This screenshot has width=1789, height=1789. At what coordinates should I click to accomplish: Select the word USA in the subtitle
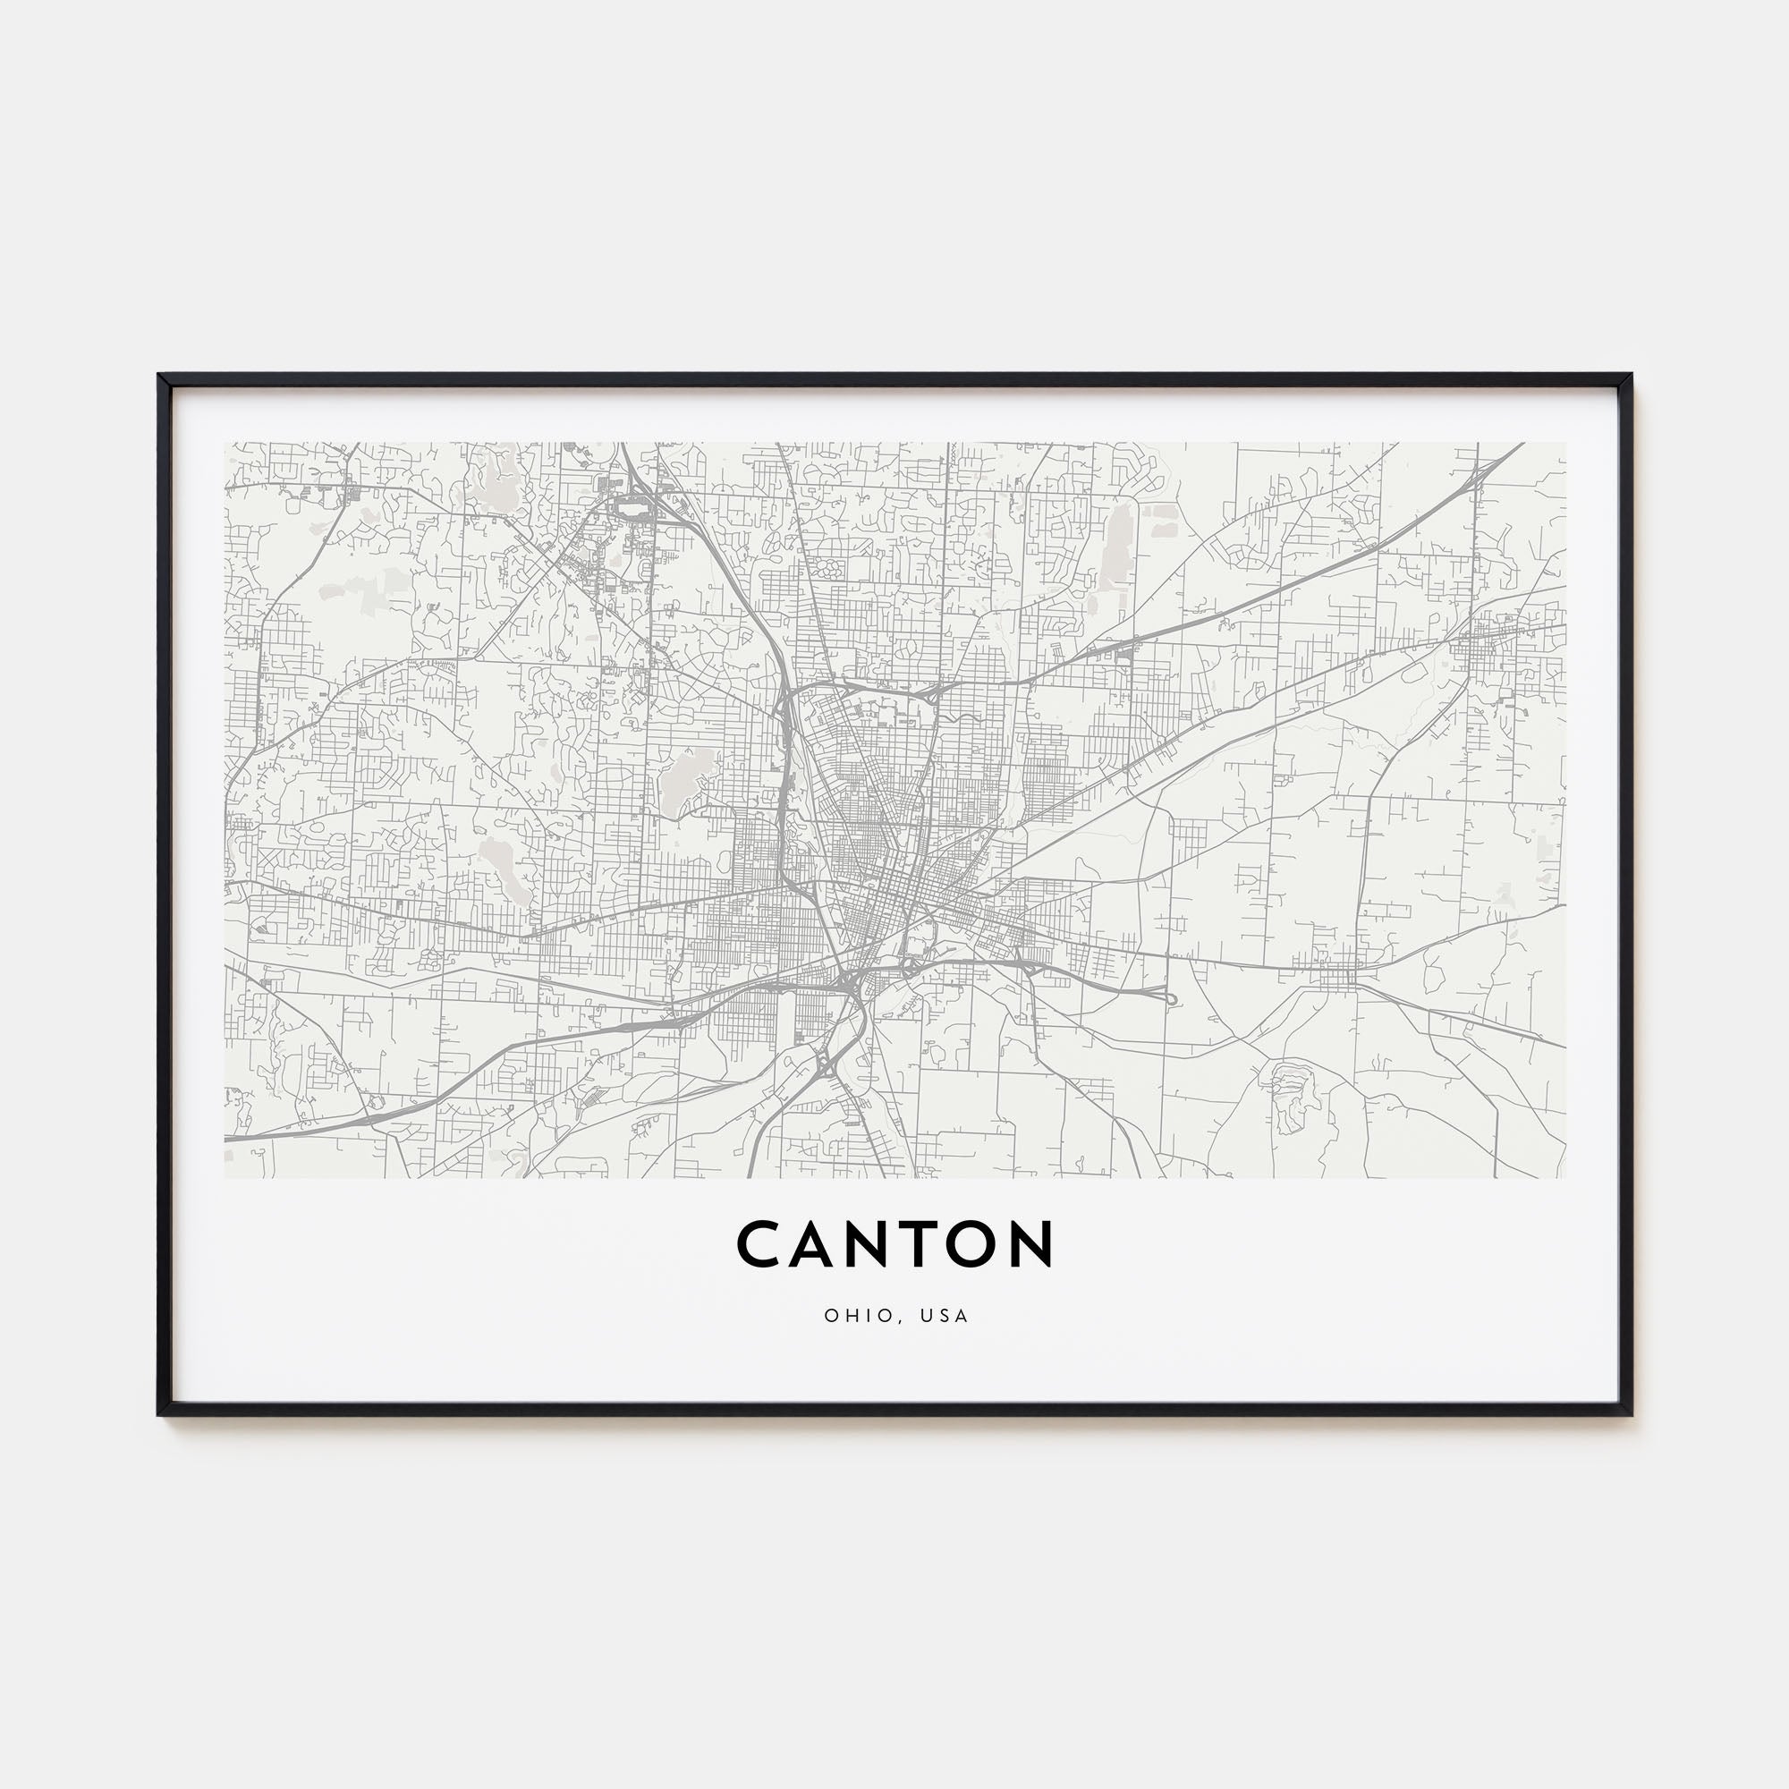[946, 1316]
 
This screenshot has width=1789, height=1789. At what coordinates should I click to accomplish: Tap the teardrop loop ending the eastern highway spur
[1169, 999]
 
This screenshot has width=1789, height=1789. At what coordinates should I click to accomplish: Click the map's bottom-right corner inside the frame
[1564, 1177]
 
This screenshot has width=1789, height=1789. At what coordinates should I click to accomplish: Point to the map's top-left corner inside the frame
[226, 444]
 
